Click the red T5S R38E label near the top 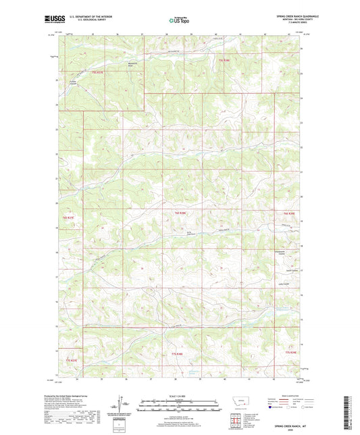[224, 60]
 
